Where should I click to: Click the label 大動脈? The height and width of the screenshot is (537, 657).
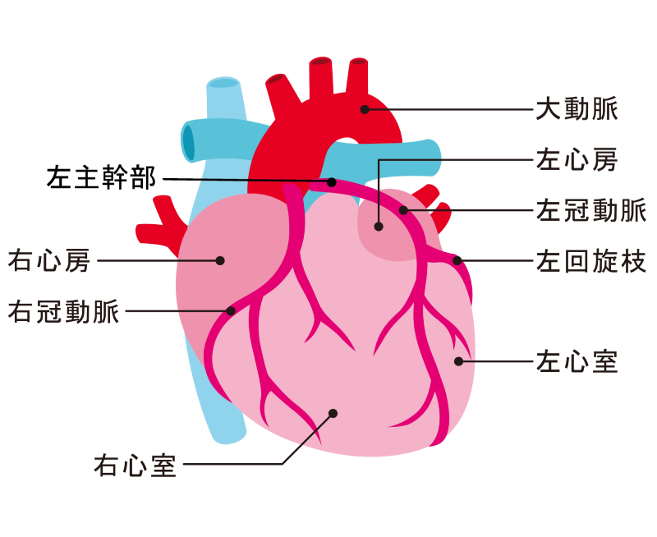577,109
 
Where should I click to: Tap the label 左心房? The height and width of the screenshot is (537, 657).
577,159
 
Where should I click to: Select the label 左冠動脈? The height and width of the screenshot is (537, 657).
591,210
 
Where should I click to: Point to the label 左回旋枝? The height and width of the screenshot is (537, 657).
591,261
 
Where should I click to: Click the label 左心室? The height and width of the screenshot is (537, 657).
577,361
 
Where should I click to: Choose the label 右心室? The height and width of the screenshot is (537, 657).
135,465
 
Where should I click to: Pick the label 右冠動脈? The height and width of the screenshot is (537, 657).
64,311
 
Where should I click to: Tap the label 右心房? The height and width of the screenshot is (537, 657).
49,260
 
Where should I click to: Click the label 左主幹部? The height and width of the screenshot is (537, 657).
101,177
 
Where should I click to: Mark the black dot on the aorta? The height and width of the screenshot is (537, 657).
365,109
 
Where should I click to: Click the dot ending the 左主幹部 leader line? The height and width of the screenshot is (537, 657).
332,182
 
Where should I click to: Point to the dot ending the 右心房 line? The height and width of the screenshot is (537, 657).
220,260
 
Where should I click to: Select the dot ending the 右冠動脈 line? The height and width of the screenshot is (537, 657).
231,311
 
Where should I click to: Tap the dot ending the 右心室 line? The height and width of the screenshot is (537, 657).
333,414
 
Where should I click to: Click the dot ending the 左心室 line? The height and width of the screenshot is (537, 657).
459,361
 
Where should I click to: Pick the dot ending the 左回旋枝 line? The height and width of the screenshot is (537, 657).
457,260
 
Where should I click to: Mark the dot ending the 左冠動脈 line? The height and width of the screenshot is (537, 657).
403,210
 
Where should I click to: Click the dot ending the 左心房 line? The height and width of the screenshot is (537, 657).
379,227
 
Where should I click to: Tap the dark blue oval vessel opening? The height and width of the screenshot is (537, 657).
189,142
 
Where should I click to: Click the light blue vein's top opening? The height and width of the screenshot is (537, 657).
224,82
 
